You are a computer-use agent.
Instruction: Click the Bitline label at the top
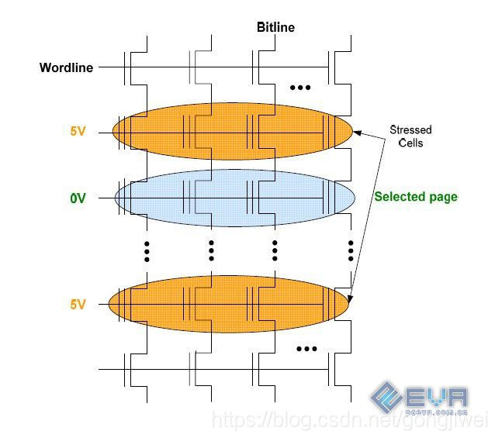pos(275,27)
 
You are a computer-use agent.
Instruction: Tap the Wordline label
pos(66,67)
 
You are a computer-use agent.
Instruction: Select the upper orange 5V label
pos(78,132)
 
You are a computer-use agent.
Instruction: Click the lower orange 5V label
pos(78,305)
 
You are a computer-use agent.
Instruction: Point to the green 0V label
pos(78,198)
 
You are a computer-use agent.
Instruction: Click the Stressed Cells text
pos(410,136)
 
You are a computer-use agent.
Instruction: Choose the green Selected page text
pos(416,197)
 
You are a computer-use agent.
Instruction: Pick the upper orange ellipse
pos(233,132)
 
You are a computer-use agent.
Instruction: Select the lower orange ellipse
pos(230,305)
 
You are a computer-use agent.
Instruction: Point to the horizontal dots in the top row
pos(300,88)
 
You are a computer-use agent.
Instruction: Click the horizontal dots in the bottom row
pos(306,349)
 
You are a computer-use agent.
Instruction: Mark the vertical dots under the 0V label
pos(147,250)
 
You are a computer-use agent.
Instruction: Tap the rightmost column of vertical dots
pos(351,250)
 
